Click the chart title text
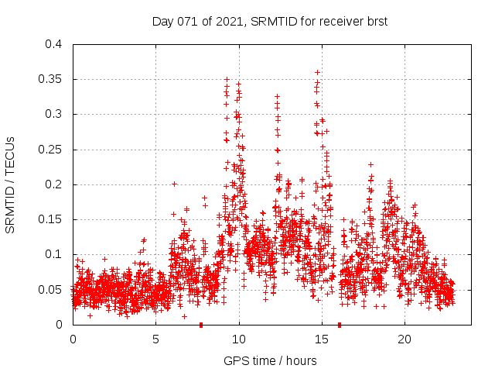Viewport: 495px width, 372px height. point(269,22)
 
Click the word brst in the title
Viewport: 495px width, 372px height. point(375,22)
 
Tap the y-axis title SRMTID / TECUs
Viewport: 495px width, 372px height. point(10,184)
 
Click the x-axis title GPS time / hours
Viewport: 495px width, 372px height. point(270,360)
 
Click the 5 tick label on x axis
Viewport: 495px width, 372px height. point(156,339)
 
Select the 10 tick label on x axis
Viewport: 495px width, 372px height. point(239,339)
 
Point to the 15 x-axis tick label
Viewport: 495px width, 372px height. point(322,339)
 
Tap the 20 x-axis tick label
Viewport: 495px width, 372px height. point(405,339)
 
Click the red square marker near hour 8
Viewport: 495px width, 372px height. point(201,325)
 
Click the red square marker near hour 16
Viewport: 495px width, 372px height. point(340,325)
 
